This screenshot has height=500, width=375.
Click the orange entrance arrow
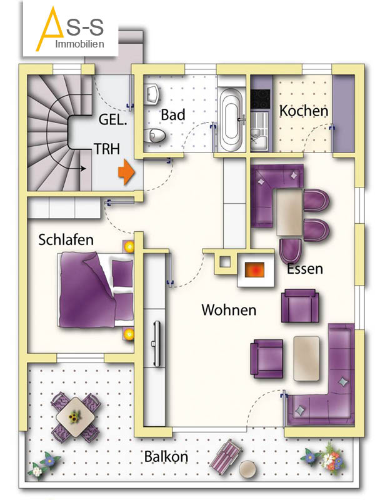(127, 172)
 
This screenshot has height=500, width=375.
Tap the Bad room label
(173, 115)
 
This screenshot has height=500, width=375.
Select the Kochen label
(304, 111)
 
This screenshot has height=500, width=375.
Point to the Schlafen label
(66, 240)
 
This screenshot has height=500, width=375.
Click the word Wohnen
(229, 309)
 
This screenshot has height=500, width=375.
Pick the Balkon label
(166, 456)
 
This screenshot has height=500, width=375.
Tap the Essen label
(305, 269)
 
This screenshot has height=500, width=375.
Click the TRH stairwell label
(107, 149)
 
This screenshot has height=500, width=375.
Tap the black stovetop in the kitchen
(261, 99)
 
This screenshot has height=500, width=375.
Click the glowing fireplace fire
(254, 270)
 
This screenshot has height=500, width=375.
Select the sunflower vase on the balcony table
(75, 416)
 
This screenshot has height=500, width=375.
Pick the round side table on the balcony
(247, 469)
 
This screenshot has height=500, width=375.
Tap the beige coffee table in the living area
(306, 358)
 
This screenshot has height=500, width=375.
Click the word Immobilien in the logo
(80, 44)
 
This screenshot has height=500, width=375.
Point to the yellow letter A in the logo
(49, 29)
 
